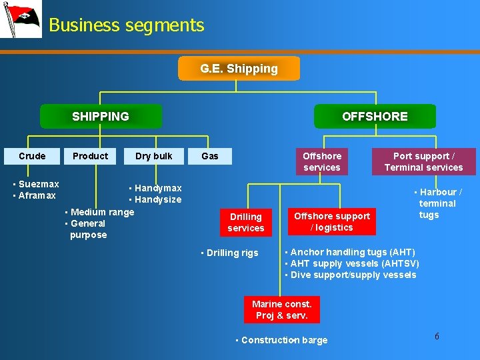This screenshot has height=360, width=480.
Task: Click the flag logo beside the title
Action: pyautogui.click(x=20, y=19)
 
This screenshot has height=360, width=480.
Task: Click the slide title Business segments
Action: pyautogui.click(x=127, y=25)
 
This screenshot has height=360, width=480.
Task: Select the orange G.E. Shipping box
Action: pyautogui.click(x=239, y=69)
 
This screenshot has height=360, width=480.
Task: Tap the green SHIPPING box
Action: pyautogui.click(x=101, y=116)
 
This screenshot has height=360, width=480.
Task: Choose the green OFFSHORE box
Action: pyautogui.click(x=375, y=116)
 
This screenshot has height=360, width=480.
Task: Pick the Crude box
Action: pyautogui.click(x=32, y=156)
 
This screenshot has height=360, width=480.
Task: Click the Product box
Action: pyautogui.click(x=90, y=156)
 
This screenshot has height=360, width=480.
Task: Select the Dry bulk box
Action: pyautogui.click(x=153, y=156)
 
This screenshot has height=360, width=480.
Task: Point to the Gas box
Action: pyautogui.click(x=210, y=156)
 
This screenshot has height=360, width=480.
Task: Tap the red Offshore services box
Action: pyautogui.click(x=322, y=161)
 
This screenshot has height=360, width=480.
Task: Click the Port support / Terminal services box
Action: pyautogui.click(x=423, y=161)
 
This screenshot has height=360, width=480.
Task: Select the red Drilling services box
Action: pyautogui.click(x=246, y=222)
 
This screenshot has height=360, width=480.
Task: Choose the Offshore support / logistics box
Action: pyautogui.click(x=332, y=221)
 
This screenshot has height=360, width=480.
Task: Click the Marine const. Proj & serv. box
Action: pyautogui.click(x=282, y=309)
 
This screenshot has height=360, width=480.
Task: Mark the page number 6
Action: pyautogui.click(x=437, y=336)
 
